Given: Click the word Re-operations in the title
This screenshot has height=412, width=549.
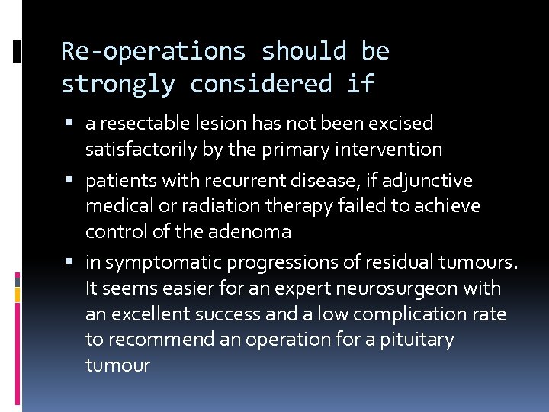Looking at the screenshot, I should [x=153, y=52].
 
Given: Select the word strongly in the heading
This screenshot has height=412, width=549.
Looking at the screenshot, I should [x=117, y=84].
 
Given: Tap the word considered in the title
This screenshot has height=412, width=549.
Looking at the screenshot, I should [x=261, y=84].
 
